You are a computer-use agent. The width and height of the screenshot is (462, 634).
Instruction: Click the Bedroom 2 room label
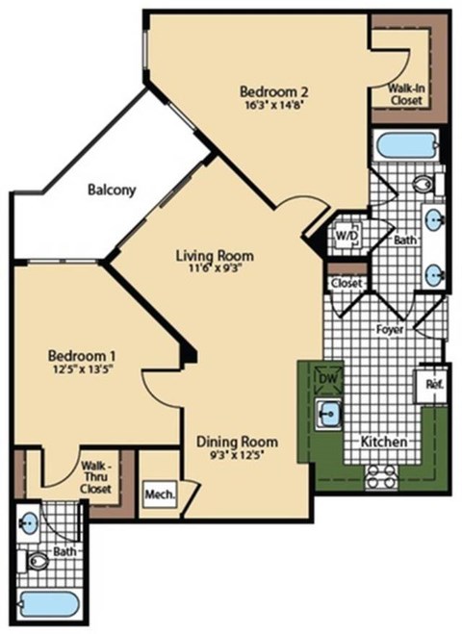click(x=272, y=92)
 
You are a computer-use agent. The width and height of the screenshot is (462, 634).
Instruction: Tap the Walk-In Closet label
click(x=405, y=93)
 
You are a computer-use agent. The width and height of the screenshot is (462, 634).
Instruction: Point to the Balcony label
click(x=111, y=190)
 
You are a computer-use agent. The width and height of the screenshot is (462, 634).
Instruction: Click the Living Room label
click(x=215, y=256)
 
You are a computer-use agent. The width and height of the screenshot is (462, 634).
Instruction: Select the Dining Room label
click(x=237, y=442)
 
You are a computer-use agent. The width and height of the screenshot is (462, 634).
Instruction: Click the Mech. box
click(x=159, y=495)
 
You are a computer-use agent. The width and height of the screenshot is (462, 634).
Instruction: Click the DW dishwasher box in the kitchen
click(x=328, y=378)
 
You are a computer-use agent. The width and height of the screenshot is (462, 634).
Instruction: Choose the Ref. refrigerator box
click(x=432, y=384)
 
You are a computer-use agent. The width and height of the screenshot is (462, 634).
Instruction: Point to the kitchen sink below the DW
click(x=329, y=415)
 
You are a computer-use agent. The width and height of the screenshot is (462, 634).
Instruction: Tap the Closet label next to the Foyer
click(x=346, y=284)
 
